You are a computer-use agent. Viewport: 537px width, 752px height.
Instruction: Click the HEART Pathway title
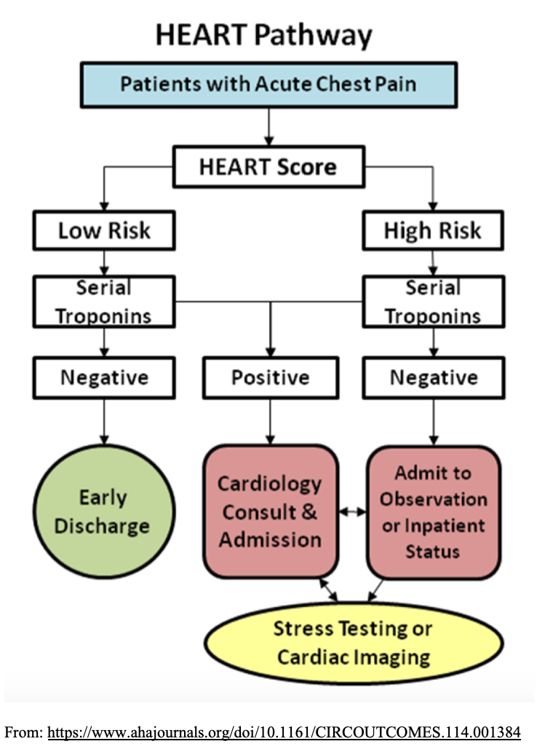(264, 36)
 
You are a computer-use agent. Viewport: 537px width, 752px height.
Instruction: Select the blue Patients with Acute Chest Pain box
(268, 85)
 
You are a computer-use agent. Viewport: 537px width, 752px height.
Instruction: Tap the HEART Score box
(268, 166)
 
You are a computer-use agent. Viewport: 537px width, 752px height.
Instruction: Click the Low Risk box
(104, 230)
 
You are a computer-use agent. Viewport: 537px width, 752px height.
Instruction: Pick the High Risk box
(433, 230)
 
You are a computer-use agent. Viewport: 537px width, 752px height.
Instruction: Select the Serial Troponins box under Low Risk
(104, 302)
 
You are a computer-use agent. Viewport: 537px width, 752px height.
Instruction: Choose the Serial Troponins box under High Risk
(434, 302)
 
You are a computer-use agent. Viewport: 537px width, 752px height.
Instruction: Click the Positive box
(271, 377)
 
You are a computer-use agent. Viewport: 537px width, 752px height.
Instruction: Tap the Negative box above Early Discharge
(104, 377)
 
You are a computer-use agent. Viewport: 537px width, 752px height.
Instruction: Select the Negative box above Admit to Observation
(434, 377)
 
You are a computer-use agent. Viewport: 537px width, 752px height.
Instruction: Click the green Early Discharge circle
(104, 512)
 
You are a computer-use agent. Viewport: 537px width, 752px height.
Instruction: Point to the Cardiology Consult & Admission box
(271, 512)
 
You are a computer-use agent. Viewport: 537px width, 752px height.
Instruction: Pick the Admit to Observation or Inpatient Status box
(434, 513)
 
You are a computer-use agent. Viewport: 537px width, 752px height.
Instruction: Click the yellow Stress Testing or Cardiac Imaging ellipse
(354, 643)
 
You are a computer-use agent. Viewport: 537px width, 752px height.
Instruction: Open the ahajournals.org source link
(284, 732)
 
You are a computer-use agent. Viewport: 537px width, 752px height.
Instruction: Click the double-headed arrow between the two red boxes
(353, 512)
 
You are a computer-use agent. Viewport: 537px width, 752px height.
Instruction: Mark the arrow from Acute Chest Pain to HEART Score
(268, 127)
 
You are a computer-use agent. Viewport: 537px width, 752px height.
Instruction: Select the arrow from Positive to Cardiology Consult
(270, 422)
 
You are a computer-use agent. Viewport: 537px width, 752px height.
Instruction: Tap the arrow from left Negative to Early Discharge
(104, 422)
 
